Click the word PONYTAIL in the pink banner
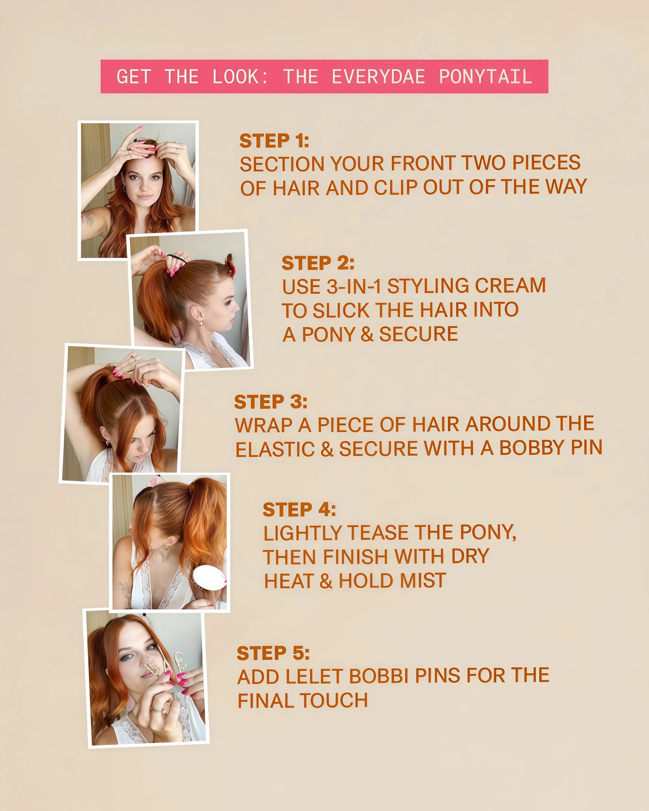(485, 77)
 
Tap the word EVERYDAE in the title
(378, 77)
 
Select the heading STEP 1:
(274, 141)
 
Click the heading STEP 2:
(318, 263)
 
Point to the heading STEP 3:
(270, 402)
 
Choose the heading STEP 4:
(299, 509)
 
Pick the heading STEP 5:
(273, 653)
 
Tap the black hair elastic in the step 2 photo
(177, 259)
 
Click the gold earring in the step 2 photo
(199, 322)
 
